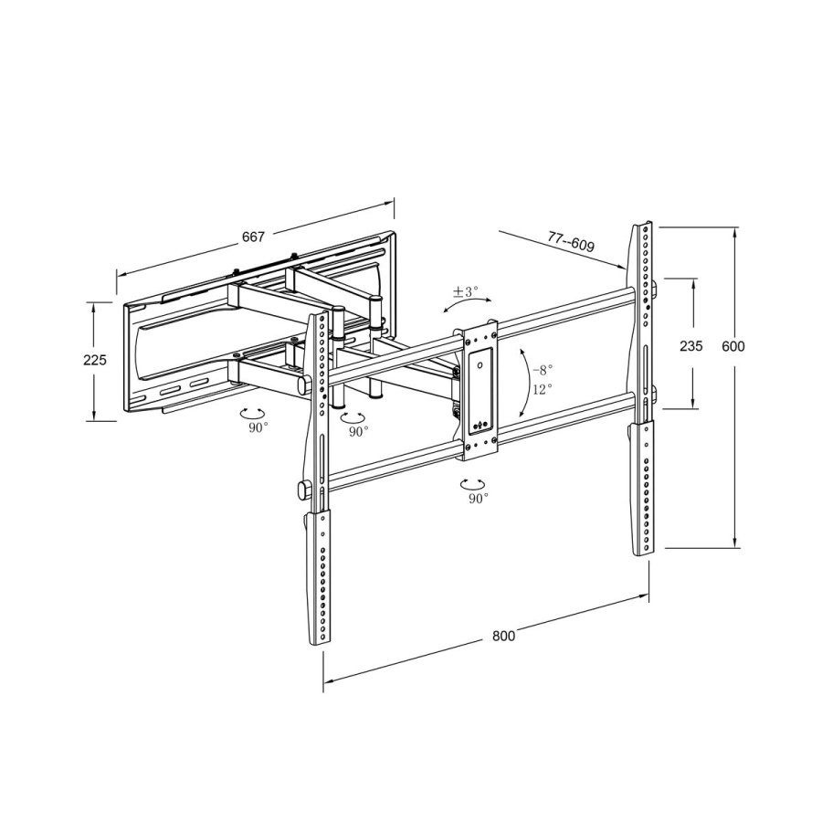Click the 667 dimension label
[x=253, y=237]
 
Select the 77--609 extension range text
[x=571, y=243]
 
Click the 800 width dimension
[x=503, y=636]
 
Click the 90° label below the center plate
[x=479, y=498]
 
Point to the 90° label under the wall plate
[x=258, y=427]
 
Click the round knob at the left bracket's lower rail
[x=302, y=490]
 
